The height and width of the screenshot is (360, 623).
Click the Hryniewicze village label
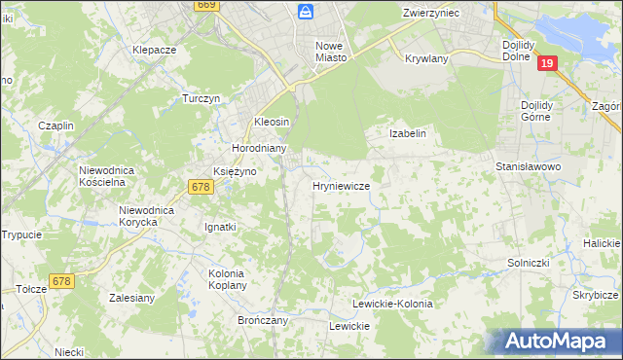coord(340,185)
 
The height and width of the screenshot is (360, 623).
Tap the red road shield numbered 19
coord(548,63)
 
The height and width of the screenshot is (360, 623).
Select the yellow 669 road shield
coord(205,5)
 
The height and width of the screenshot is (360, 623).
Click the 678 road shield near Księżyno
coord(202,187)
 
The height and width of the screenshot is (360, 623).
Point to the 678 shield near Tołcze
coord(61,280)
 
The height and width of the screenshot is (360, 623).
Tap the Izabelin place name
coord(408,133)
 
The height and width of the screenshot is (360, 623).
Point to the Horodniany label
coord(258,149)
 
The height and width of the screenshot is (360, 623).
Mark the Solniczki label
coord(531,263)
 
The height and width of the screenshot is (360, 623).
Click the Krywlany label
coord(424,57)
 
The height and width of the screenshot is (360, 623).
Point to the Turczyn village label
coord(203,98)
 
